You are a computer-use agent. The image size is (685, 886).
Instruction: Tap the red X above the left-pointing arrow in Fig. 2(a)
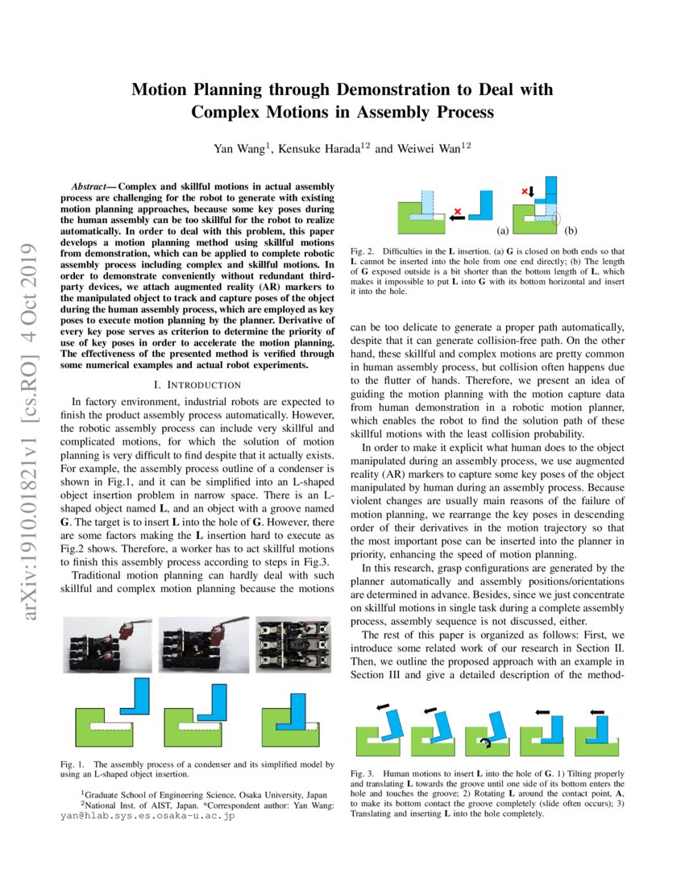(459, 211)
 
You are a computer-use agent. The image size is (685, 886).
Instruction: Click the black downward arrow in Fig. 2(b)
(531, 192)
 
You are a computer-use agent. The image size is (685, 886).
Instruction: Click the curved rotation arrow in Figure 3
(484, 742)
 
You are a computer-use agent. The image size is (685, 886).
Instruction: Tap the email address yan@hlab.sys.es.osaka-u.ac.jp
(147, 816)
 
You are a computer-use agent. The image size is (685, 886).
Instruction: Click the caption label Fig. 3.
(362, 773)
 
